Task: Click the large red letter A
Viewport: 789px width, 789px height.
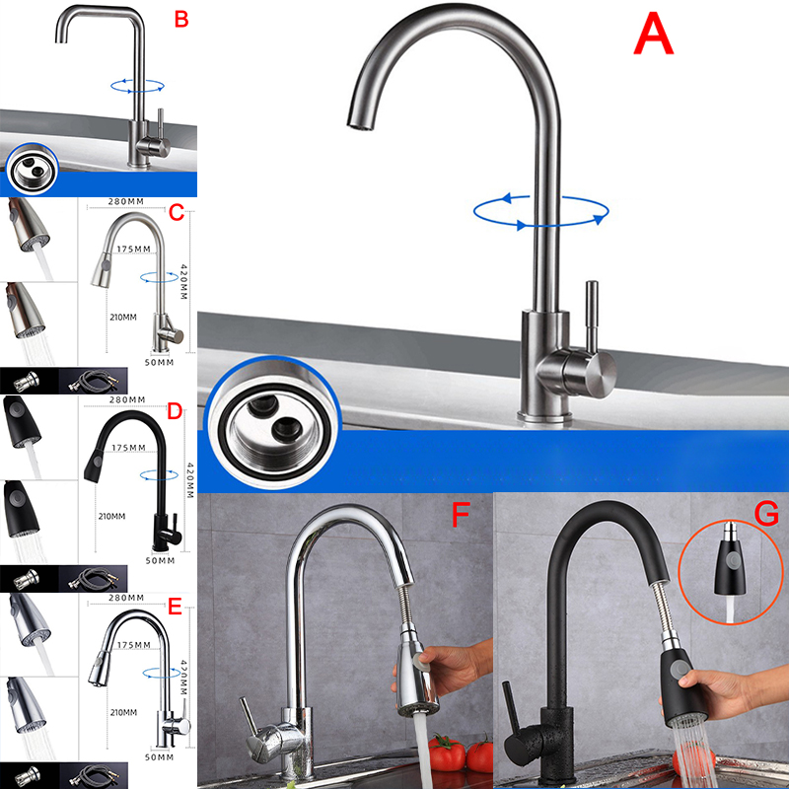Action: tap(653, 33)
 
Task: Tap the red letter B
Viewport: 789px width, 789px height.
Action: tap(181, 20)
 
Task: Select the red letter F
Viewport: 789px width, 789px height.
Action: tap(460, 514)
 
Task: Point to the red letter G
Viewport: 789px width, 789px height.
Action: tap(766, 514)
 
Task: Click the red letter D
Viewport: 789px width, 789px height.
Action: tap(175, 411)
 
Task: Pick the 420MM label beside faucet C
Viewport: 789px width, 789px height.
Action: tap(183, 281)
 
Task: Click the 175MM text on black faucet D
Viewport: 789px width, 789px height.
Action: tap(128, 448)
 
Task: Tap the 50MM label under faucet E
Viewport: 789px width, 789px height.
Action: tap(159, 756)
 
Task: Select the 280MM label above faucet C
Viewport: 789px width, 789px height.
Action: tap(126, 201)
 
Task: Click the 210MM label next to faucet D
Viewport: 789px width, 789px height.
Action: tap(111, 516)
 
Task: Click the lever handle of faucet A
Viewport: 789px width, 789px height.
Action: tap(592, 316)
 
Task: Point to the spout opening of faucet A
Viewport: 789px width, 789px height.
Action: tap(360, 124)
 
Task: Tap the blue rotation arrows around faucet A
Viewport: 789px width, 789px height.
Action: tap(540, 212)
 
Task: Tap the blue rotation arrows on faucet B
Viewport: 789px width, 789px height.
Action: tap(137, 86)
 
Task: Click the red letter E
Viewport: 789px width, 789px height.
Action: tap(175, 607)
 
